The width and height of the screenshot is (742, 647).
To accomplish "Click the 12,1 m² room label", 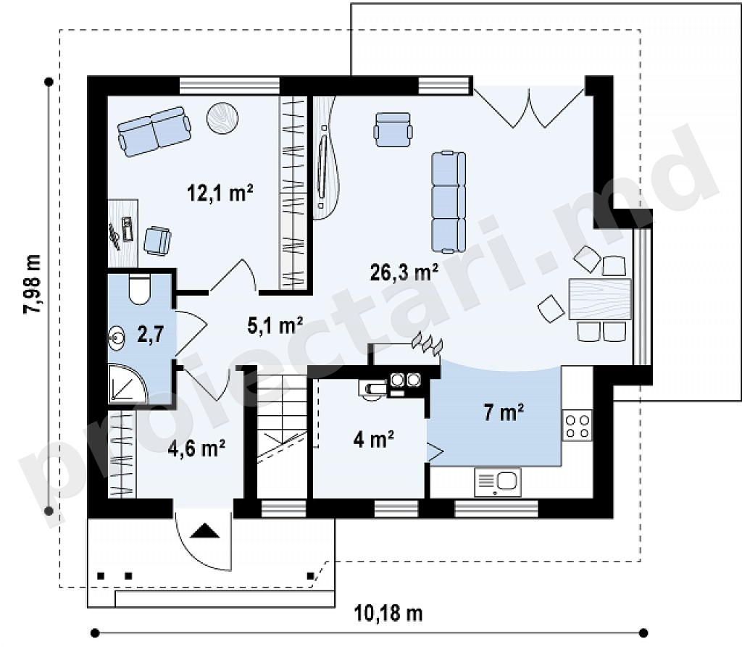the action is pyautogui.click(x=220, y=193).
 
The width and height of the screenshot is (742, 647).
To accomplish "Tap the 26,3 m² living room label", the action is pyautogui.click(x=404, y=272).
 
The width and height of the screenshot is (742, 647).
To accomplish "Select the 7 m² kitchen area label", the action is pyautogui.click(x=504, y=412).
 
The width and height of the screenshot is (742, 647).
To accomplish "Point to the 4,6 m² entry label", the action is pyautogui.click(x=196, y=448).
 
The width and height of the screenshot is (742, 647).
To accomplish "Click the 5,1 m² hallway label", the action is pyautogui.click(x=275, y=325).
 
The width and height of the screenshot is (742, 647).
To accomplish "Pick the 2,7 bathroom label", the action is pyautogui.click(x=151, y=334).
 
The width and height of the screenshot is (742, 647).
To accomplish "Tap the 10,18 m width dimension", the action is pyautogui.click(x=388, y=614).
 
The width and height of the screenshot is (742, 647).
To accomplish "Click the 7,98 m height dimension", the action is pyautogui.click(x=33, y=283).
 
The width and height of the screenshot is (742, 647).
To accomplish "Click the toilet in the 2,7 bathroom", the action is pyautogui.click(x=139, y=288).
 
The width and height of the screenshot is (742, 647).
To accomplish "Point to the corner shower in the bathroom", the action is pyautogui.click(x=128, y=384).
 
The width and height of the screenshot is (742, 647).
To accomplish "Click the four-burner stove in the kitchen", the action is pyautogui.click(x=578, y=426).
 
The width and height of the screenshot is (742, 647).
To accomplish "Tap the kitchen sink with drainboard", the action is pyautogui.click(x=497, y=483).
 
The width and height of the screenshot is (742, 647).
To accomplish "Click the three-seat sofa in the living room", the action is pyautogui.click(x=449, y=201).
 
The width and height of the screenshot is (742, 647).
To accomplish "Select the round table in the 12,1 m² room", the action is pyautogui.click(x=222, y=118).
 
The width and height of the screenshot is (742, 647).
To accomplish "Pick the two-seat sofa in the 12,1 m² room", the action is pyautogui.click(x=155, y=131).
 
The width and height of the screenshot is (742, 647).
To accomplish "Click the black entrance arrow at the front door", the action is pyautogui.click(x=205, y=530).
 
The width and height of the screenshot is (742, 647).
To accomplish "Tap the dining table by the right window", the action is pyautogui.click(x=601, y=299).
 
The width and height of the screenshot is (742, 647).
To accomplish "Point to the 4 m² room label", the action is pyautogui.click(x=374, y=439).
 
